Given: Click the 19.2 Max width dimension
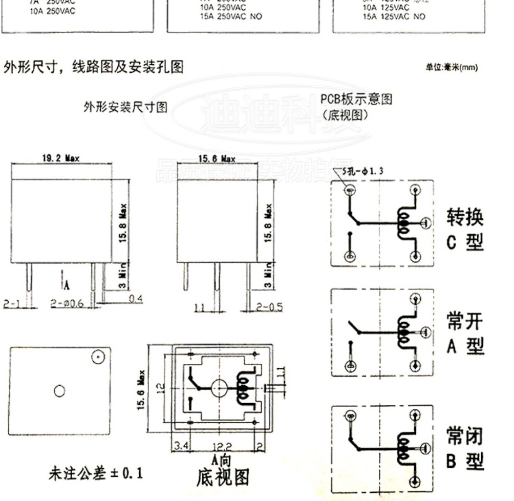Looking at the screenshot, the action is pyautogui.click(x=61, y=158).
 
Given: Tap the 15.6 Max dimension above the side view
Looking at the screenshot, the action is pyautogui.click(x=216, y=158).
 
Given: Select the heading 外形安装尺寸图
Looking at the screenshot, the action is pyautogui.click(x=126, y=107).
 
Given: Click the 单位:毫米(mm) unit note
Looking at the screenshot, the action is pyautogui.click(x=451, y=67).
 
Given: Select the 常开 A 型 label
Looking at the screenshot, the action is pyautogui.click(x=465, y=333).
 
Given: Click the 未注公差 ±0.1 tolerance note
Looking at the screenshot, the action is pyautogui.click(x=96, y=473).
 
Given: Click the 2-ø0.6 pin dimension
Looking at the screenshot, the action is pyautogui.click(x=67, y=304).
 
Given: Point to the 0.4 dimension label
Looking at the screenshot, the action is pyautogui.click(x=136, y=299).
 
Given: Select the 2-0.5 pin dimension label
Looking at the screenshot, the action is pyautogui.click(x=269, y=307).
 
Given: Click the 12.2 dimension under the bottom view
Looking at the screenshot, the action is pyautogui.click(x=222, y=446).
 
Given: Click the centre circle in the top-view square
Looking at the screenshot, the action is pyautogui.click(x=60, y=391).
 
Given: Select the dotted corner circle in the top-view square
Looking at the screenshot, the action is pyautogui.click(x=98, y=357).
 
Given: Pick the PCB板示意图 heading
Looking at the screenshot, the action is pyautogui.click(x=356, y=100).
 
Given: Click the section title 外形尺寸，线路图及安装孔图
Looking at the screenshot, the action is pyautogui.click(x=94, y=66).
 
